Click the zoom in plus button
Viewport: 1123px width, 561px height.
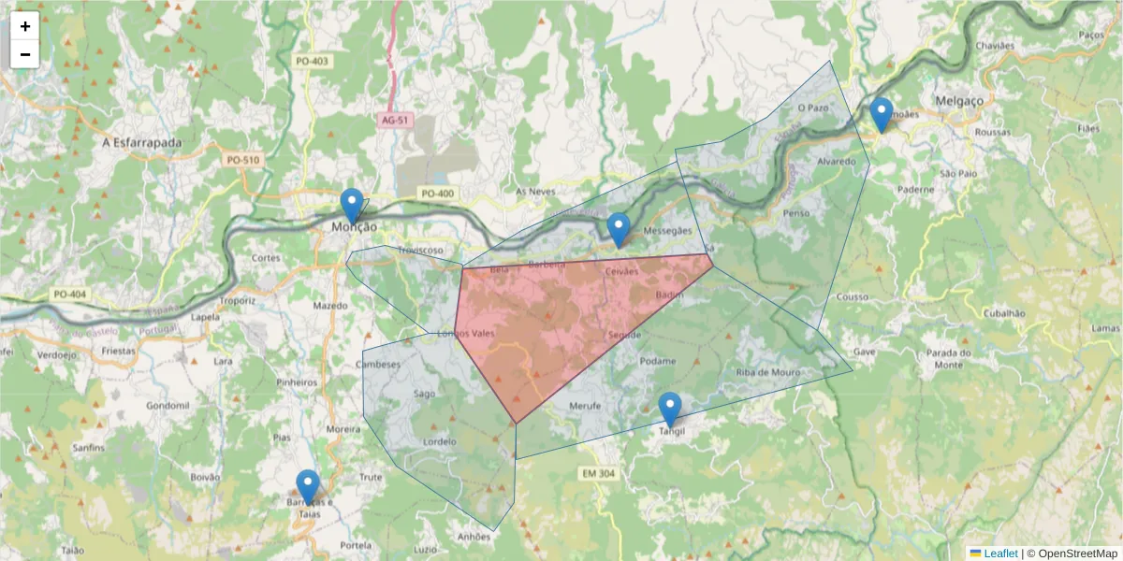[25, 26]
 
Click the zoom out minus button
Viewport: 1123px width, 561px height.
[25, 54]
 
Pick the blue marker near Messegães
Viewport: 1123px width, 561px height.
[619, 230]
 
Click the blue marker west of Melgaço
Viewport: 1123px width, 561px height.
[881, 115]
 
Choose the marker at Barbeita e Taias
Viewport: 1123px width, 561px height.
[308, 487]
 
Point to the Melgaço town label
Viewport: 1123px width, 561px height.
[959, 101]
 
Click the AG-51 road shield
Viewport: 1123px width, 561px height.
[396, 121]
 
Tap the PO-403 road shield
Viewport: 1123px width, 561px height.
[313, 62]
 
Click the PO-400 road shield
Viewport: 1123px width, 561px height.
[437, 194]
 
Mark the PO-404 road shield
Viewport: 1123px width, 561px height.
[69, 295]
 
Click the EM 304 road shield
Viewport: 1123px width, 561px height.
[597, 474]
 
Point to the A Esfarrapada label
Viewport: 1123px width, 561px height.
[141, 143]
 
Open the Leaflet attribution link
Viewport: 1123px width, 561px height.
[999, 554]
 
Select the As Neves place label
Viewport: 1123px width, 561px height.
[535, 191]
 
